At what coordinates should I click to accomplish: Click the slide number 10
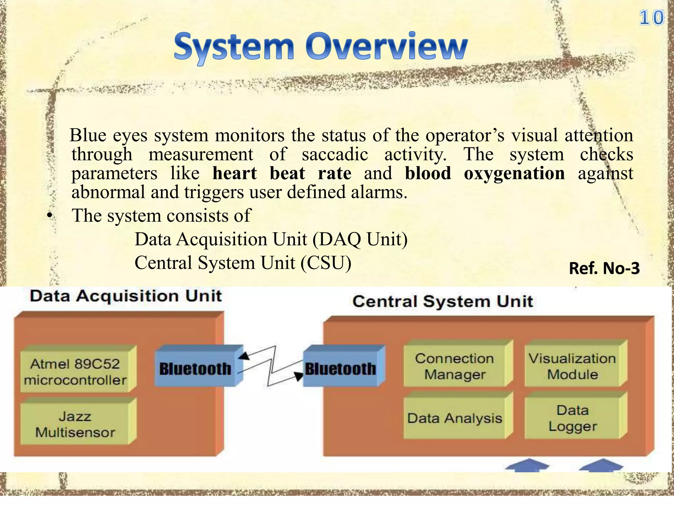coord(651,18)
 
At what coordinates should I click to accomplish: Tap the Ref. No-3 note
coord(604,268)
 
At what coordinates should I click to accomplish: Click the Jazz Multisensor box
coord(75,424)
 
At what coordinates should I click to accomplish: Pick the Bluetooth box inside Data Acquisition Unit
coord(195,369)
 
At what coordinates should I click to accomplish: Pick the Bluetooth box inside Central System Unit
coord(340,369)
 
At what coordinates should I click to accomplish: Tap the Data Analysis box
coord(454,418)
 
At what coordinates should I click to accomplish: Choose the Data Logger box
coord(572,418)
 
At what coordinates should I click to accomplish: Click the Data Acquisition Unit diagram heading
coord(126,296)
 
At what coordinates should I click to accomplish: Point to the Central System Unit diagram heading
coord(443,301)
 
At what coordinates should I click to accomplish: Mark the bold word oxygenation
coord(514,174)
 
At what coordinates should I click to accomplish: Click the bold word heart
coord(234,174)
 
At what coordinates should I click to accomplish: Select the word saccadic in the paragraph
coord(335,155)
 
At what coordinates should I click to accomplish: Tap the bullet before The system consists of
coord(49,216)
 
